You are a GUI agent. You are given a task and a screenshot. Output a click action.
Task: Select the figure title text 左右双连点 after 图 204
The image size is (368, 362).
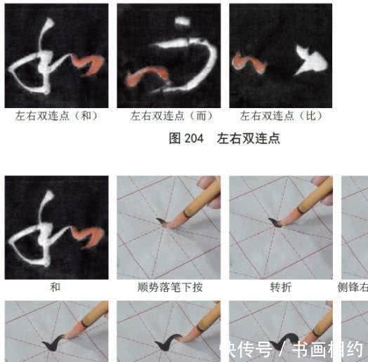pos(249,138)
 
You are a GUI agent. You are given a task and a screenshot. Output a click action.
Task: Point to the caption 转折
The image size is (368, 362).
pos(280,287)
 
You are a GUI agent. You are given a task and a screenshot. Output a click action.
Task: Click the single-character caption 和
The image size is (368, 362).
pos(55,287)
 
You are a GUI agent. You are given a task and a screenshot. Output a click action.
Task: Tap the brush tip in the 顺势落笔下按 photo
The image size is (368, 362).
pos(163,222)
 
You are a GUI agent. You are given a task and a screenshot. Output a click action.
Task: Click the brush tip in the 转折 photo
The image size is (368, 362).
pos(276,223)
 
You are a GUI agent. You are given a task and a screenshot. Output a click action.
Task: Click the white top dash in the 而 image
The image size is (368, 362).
pos(182,22)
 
